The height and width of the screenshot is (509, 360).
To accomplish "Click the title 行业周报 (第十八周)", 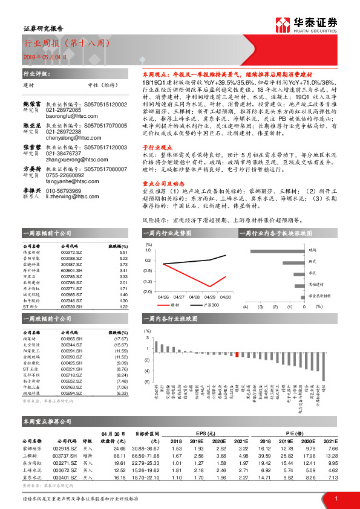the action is coord(67,44).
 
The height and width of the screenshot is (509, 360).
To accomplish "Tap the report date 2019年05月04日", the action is coord(46,56).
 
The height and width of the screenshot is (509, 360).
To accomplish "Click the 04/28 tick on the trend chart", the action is coord(195,297).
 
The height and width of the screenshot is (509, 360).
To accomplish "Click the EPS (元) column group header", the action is coord(209,433).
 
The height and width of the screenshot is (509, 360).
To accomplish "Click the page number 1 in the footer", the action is coord(336,497).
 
